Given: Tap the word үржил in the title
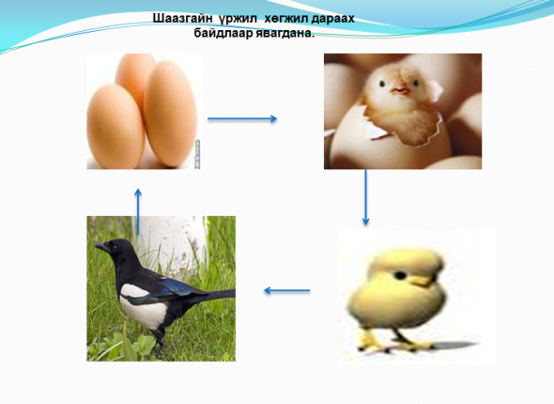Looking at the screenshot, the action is pos(238,20).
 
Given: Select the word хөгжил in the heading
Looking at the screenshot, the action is pos(286,19).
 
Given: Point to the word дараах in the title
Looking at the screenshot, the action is pos(332,20).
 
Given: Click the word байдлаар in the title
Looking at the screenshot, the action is pos(223,34).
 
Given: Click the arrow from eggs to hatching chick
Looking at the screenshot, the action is pos(242,119).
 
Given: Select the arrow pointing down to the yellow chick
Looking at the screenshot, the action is pos(365,197).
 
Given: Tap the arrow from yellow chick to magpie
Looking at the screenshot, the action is pos(287,290).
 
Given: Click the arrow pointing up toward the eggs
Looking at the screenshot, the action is pos(138,211).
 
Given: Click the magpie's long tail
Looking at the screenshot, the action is pos(216,295).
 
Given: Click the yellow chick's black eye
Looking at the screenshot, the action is pos(400,275).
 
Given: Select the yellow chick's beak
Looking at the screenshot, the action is pos(423,281).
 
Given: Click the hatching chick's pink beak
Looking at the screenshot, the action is pos(401,90).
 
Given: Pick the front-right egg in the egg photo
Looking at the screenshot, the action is pos(170,114).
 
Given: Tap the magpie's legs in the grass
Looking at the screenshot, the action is pos(158,341).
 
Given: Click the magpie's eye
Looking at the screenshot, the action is pos(115,247).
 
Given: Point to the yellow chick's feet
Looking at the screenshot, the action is pos(395,344).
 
